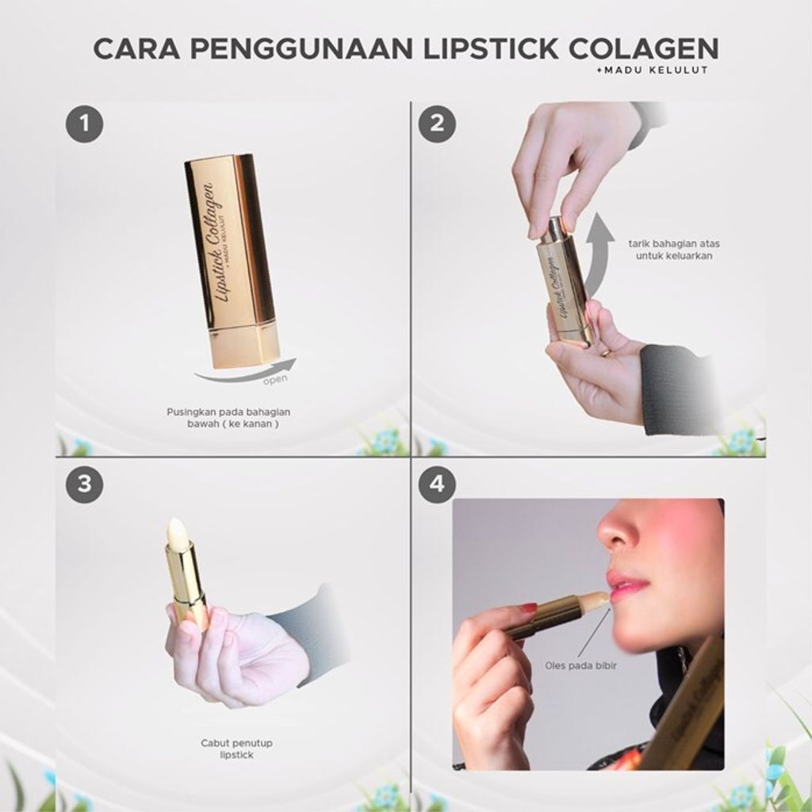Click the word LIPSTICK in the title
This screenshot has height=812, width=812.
(491, 48)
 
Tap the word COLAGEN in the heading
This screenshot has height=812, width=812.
(644, 48)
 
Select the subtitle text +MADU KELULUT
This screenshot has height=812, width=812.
(653, 71)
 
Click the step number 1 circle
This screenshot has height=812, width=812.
(84, 124)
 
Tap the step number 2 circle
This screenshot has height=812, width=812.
(437, 124)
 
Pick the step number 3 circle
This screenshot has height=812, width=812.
(84, 485)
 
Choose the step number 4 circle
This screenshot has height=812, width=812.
(437, 485)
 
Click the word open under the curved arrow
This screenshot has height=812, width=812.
(275, 380)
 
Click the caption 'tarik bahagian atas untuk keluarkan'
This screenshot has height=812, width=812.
(674, 250)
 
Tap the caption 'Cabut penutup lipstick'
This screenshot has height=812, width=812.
(236, 749)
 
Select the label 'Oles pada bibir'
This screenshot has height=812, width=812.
(580, 665)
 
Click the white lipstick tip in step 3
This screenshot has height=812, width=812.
(176, 529)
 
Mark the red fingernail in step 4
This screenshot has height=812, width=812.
(528, 607)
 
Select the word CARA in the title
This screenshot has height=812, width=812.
(136, 48)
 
